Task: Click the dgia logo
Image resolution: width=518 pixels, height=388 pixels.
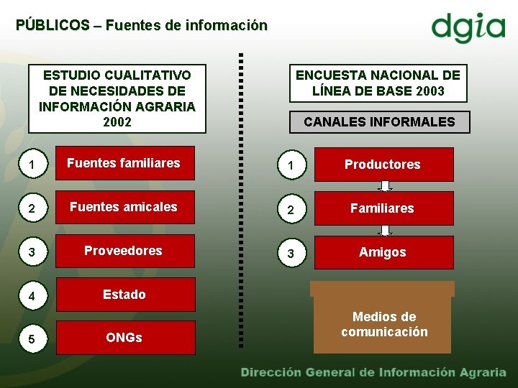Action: point(468,28)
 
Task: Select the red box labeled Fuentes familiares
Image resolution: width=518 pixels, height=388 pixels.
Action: point(124,164)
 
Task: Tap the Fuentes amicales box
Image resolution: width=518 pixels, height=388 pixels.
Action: point(124,208)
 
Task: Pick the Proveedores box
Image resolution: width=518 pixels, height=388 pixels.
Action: point(124,251)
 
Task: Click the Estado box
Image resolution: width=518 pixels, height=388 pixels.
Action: point(124,295)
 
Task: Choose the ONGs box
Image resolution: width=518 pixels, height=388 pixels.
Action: point(124,338)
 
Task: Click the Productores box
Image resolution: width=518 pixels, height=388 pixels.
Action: point(382,165)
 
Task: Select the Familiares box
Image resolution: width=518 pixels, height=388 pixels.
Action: point(382,208)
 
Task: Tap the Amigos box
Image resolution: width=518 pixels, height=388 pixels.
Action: point(382,252)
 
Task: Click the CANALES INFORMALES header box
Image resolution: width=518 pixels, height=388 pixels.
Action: point(379,122)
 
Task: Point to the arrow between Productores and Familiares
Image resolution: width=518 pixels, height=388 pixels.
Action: point(386,186)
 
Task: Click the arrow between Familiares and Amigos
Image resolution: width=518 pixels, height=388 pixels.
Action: point(386,230)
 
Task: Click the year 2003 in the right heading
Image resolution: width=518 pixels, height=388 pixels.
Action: point(430,91)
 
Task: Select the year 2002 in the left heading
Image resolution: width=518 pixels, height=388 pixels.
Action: point(117,122)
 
